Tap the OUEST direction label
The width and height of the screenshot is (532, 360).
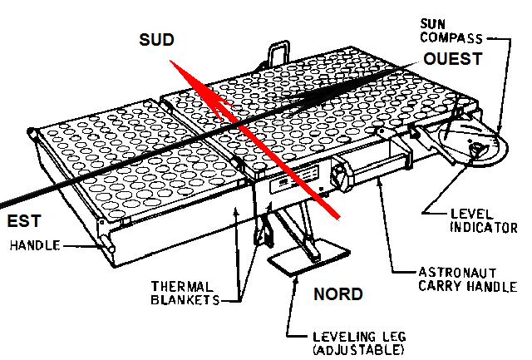tap(452, 59)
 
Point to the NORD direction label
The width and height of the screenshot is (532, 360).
tap(337, 293)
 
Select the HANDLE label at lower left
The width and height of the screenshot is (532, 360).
tap(37, 245)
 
